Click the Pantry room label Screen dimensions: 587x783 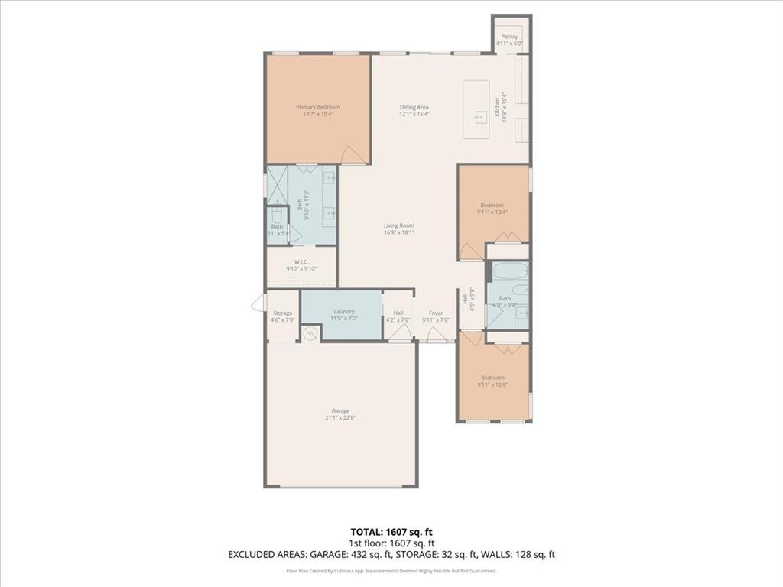(509, 36)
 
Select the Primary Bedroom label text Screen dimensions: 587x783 (318, 107)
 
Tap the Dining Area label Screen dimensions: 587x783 (414, 107)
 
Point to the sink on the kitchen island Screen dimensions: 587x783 (480, 117)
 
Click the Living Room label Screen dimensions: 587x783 (398, 225)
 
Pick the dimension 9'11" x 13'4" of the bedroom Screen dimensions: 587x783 (492, 212)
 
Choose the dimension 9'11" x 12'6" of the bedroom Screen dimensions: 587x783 (492, 384)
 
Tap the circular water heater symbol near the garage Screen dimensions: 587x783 (310, 333)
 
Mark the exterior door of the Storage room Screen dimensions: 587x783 (258, 303)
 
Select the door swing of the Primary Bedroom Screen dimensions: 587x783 (353, 154)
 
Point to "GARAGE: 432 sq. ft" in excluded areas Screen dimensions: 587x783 (380, 554)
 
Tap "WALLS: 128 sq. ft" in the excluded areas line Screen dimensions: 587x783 (527, 554)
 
